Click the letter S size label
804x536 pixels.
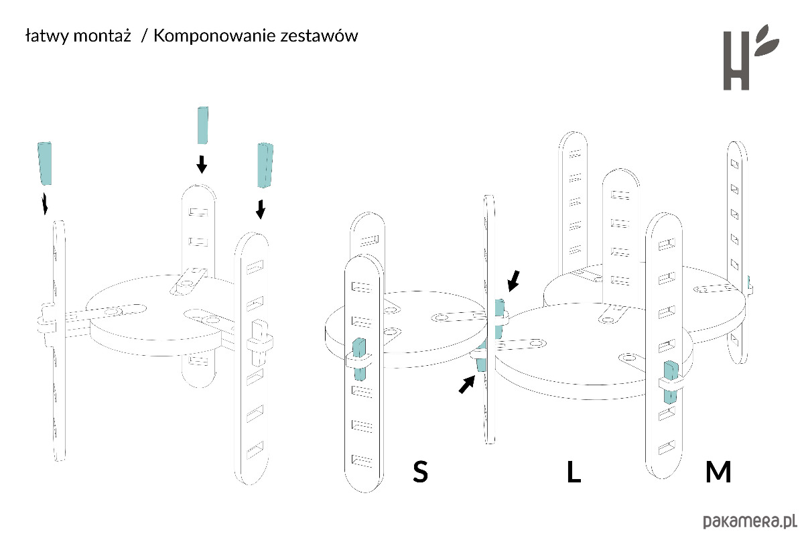pyautogui.click(x=420, y=472)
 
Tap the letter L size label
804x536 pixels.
pyautogui.click(x=574, y=472)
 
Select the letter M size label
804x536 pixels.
pyautogui.click(x=718, y=472)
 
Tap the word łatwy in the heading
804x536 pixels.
pyautogui.click(x=44, y=36)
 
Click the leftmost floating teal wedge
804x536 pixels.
pyautogui.click(x=46, y=163)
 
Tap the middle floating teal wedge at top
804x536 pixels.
pyautogui.click(x=203, y=125)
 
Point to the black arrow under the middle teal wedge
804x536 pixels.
pyautogui.click(x=200, y=163)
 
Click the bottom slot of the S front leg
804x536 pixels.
pyautogui.click(x=362, y=460)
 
